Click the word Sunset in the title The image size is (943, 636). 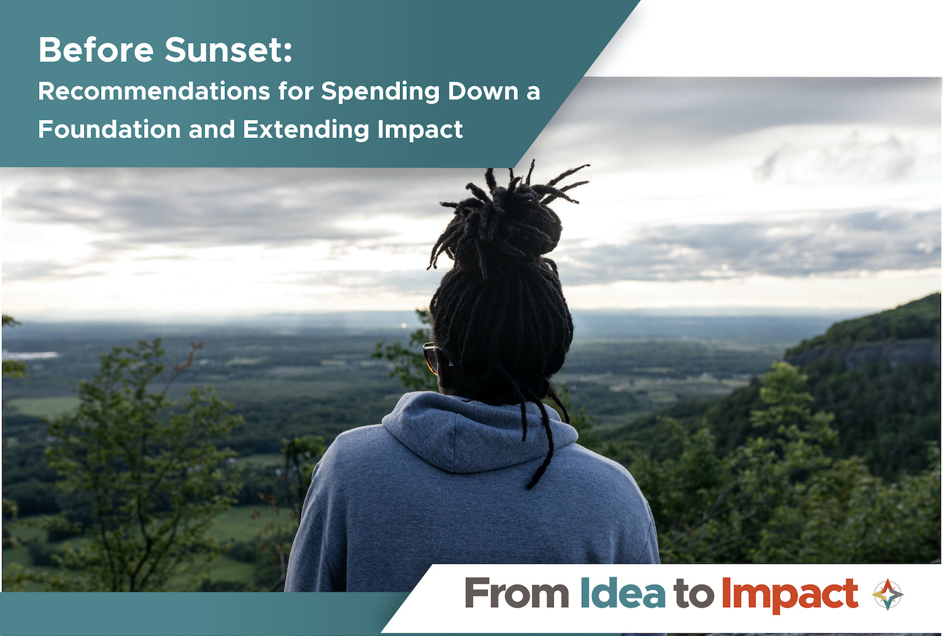tap(224, 50)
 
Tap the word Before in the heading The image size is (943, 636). tap(96, 50)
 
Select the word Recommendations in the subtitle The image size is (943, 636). tap(154, 92)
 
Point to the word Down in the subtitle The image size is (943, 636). tap(483, 92)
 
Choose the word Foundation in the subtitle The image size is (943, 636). tap(109, 129)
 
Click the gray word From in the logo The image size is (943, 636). tap(517, 593)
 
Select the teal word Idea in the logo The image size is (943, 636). tap(622, 593)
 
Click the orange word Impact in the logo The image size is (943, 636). tap(789, 596)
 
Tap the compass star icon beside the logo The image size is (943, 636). tap(888, 594)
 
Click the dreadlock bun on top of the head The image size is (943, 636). tap(505, 219)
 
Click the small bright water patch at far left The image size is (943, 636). tap(30, 355)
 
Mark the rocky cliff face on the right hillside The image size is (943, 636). tap(863, 353)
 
